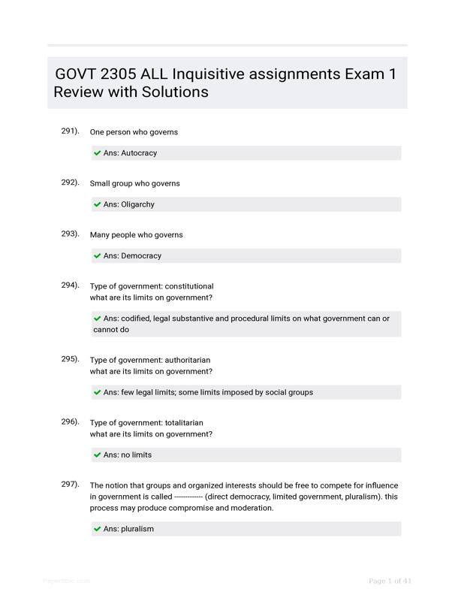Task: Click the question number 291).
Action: click(x=70, y=131)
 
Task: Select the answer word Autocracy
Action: click(x=139, y=153)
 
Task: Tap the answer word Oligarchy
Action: click(x=137, y=204)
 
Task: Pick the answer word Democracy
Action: click(x=141, y=255)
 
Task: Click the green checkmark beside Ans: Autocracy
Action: click(x=98, y=153)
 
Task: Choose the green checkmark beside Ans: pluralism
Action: click(x=98, y=529)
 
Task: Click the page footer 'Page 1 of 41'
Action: click(x=390, y=581)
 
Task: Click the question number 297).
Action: click(x=70, y=484)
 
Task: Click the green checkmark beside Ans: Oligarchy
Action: click(x=98, y=204)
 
